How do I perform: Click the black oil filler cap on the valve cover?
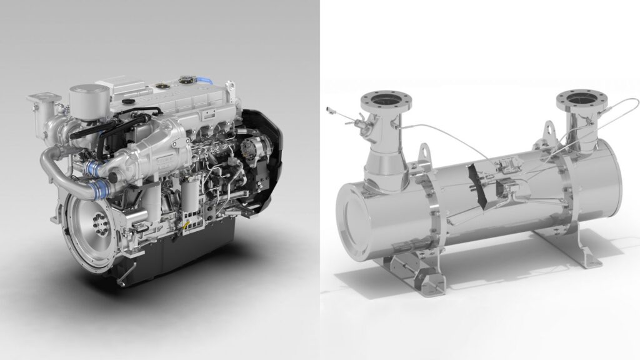coord(129,101)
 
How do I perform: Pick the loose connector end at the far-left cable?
coord(331,111)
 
